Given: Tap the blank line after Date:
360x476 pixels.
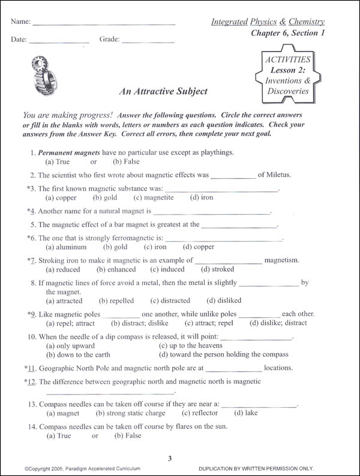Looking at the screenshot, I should pos(59,43).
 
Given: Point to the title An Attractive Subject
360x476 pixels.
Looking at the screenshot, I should pos(163,91).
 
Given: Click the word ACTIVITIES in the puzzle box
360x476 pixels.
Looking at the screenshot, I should pos(288,60).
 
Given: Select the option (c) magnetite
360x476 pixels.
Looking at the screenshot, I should pos(154,198).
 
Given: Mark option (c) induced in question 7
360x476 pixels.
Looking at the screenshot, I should pos(167,270).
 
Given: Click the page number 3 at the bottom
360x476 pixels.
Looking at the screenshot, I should pos(170,459).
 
